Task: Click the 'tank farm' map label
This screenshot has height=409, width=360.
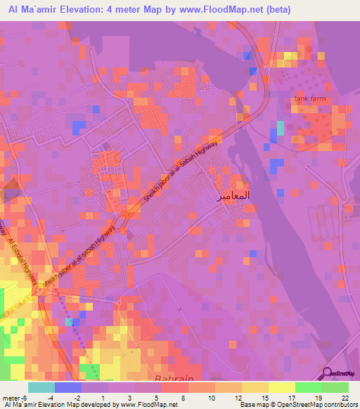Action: click(309, 99)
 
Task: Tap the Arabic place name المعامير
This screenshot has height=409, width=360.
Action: click(231, 196)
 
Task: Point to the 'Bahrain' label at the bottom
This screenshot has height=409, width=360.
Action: click(191, 379)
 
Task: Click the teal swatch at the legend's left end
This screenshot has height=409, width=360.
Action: click(41, 387)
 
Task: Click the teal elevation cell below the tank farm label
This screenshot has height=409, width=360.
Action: click(281, 128)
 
